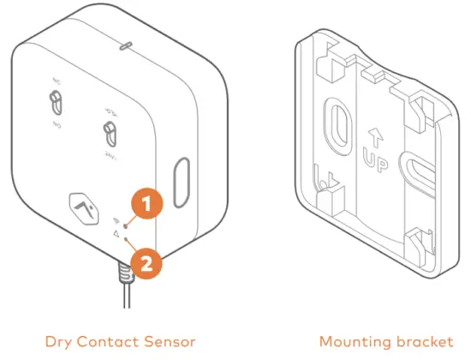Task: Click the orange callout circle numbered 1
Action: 146,204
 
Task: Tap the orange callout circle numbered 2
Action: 146,263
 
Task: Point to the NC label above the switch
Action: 57,83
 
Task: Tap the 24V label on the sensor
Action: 111,156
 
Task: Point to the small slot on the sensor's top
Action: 125,42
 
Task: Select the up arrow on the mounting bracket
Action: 373,135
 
